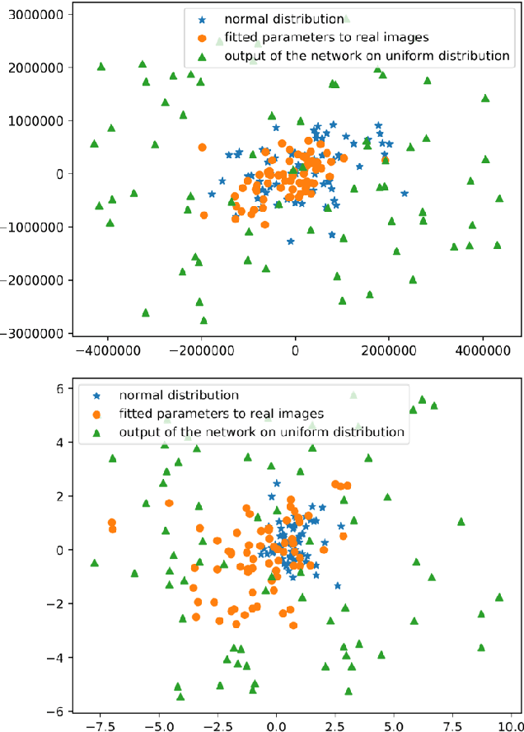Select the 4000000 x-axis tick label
pos(482,349)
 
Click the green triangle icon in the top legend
pos(201,57)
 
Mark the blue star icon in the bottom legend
pos(96,396)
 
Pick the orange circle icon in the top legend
pos(201,38)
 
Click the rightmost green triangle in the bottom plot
pos(498,597)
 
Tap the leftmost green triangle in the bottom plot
pos(95,563)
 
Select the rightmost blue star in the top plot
pos(405,194)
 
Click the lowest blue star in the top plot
pos(290,242)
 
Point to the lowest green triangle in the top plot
pos(204,320)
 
